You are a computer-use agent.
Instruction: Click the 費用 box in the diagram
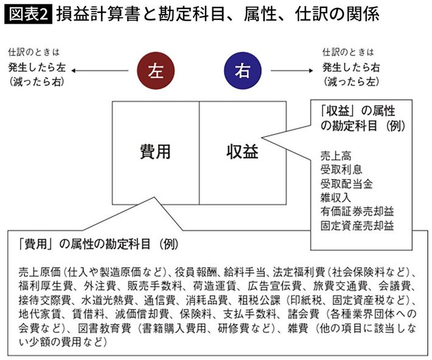click(155, 152)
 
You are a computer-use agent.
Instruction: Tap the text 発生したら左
click(38, 66)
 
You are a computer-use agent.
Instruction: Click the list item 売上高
click(336, 155)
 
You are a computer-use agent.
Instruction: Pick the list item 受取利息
click(341, 169)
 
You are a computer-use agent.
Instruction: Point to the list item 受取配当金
click(347, 183)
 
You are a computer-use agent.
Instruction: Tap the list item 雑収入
click(336, 197)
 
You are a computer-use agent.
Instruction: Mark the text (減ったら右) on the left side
click(37, 80)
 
